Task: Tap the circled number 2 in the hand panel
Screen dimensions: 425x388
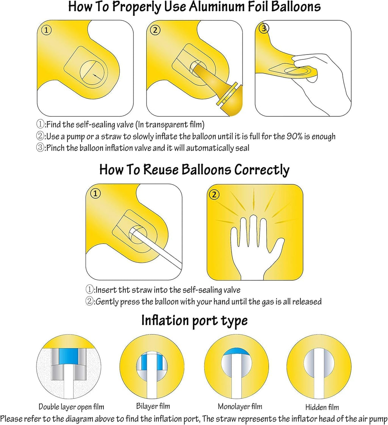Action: point(214,195)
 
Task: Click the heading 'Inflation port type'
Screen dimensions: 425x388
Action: point(194,320)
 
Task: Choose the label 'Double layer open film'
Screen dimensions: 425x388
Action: point(71,407)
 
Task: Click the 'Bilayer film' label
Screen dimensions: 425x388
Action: point(153,406)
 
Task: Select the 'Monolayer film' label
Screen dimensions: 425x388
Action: point(239,406)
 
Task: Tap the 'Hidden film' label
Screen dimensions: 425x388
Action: point(322,407)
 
